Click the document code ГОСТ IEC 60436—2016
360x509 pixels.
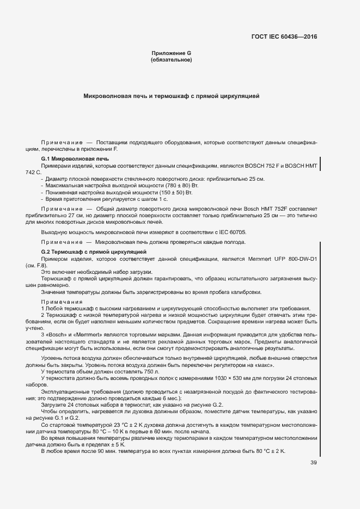285,38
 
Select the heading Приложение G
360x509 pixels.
171,53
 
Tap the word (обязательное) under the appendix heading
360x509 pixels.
171,60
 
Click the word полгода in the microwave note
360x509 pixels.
235,242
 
